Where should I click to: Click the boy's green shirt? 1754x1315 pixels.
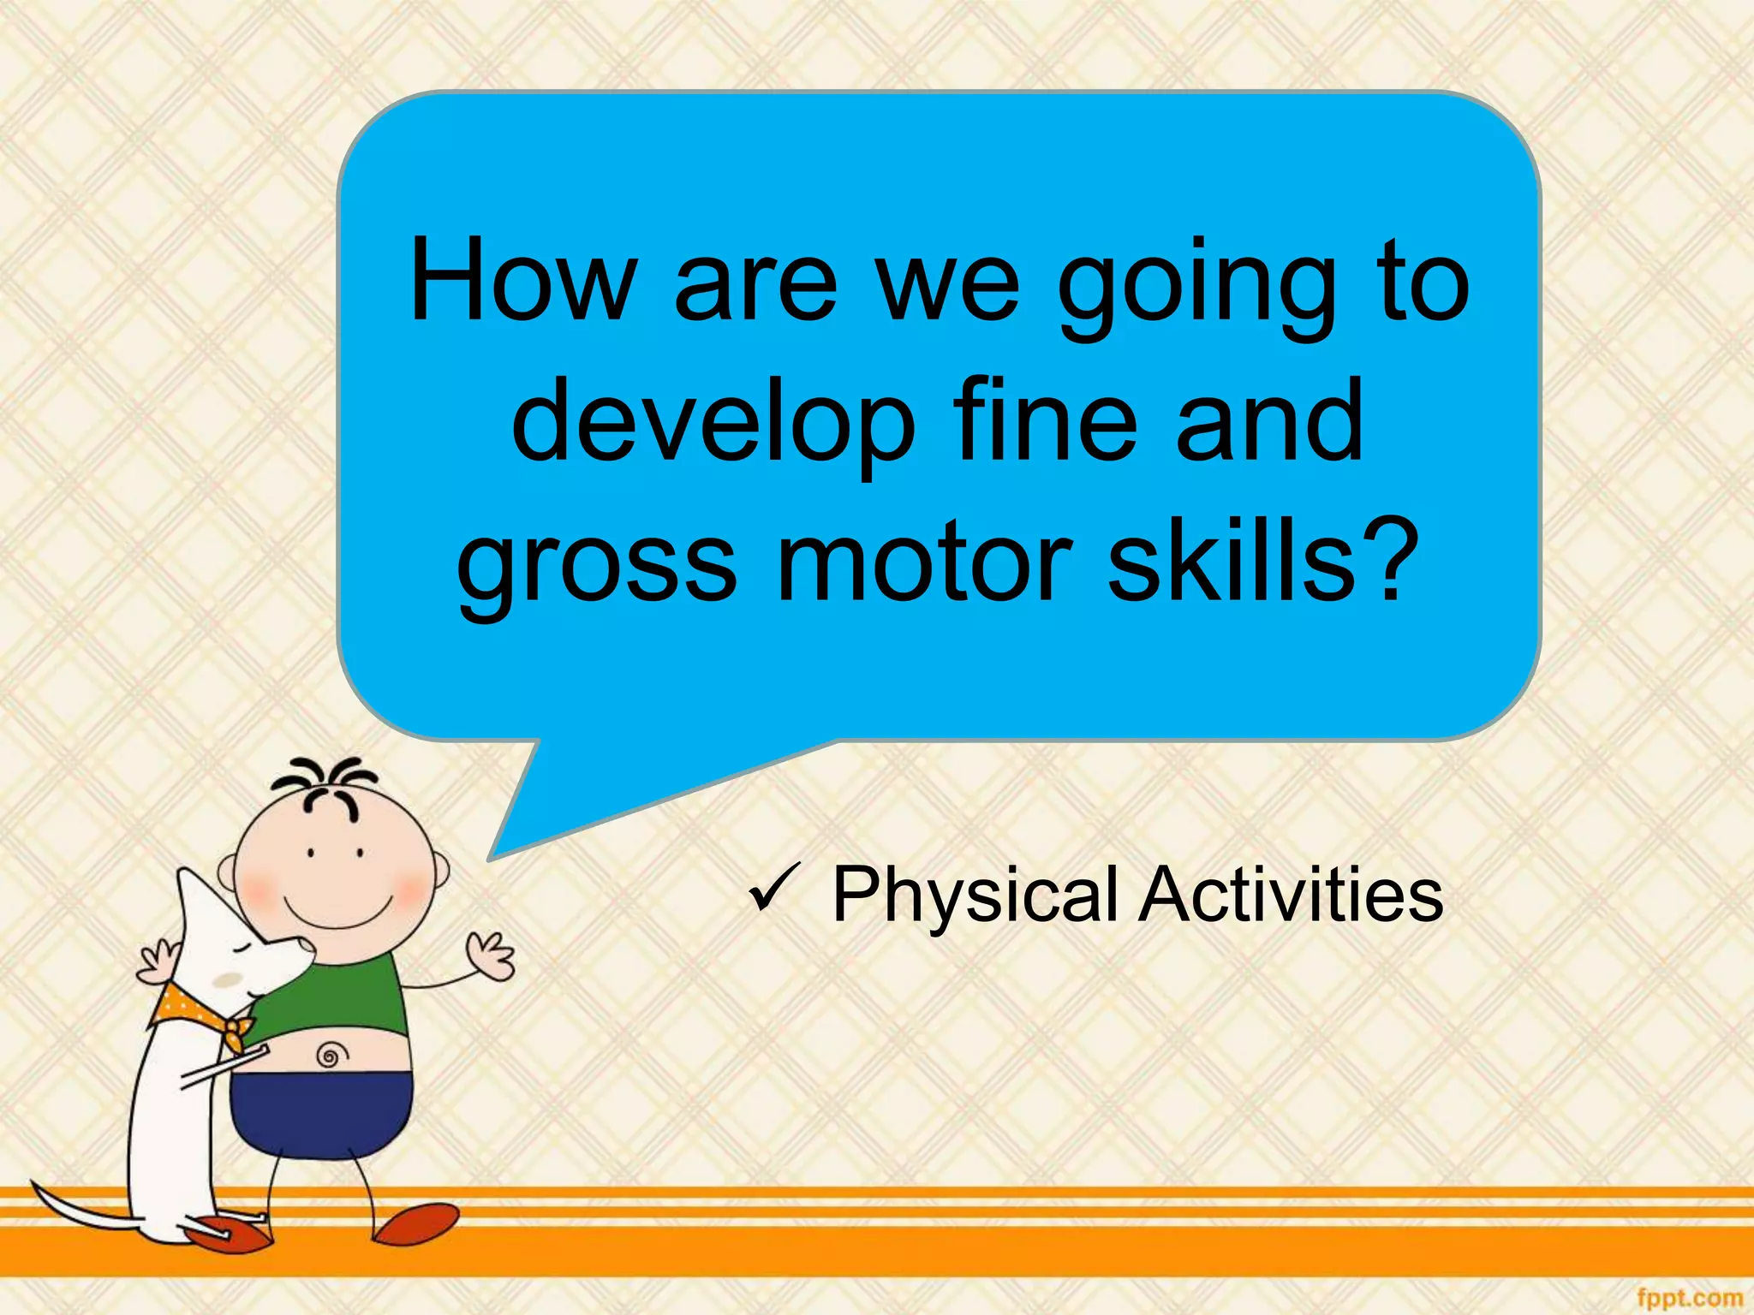pos(360,993)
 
